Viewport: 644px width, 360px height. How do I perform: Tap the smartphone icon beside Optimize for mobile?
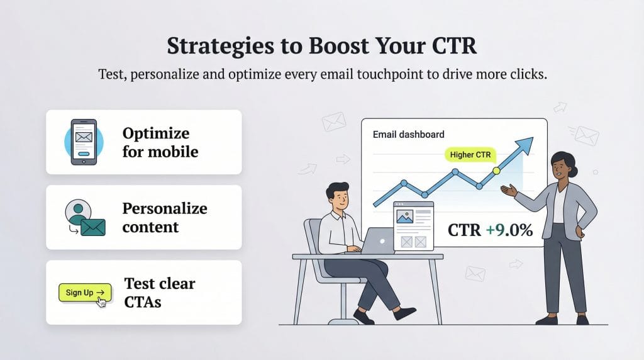(84, 142)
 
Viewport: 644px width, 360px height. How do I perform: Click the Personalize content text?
(164, 217)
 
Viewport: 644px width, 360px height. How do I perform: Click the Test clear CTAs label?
(159, 292)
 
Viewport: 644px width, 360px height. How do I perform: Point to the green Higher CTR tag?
(470, 154)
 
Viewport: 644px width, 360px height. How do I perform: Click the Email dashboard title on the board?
(408, 134)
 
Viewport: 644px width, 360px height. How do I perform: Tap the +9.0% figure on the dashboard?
(509, 230)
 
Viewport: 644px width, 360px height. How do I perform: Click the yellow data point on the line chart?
(496, 171)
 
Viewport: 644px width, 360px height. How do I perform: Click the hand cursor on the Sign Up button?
(101, 303)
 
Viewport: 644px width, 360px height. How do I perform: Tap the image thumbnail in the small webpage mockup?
(404, 218)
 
